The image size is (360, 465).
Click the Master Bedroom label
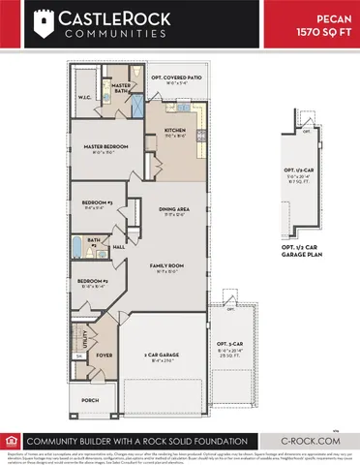click(100, 146)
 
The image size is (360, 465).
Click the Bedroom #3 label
click(97, 202)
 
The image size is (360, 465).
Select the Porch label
click(90, 400)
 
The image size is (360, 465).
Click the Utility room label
click(87, 339)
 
